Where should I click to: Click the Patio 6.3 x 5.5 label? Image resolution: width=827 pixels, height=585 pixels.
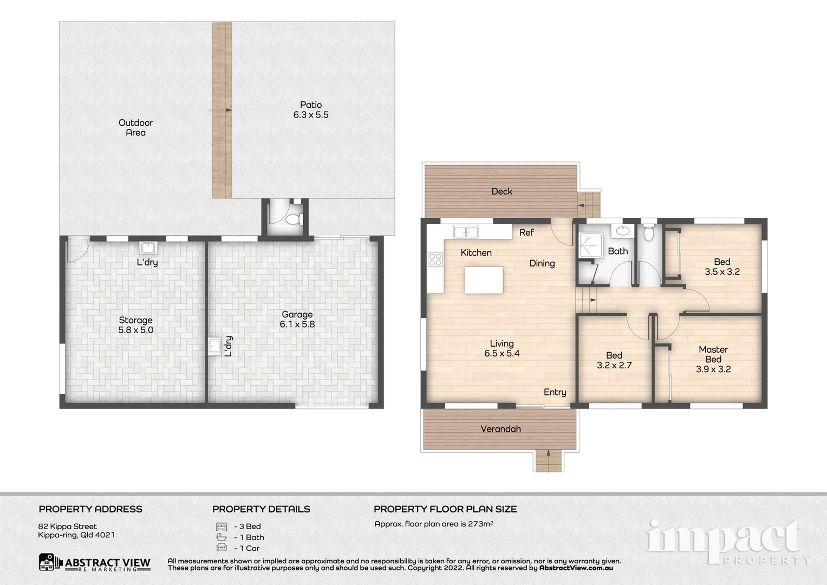311,110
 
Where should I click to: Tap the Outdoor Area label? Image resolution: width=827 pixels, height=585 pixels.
135,128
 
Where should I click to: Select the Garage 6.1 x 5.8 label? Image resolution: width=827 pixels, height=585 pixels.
297,319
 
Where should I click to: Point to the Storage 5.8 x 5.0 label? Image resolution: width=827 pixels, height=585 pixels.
135,325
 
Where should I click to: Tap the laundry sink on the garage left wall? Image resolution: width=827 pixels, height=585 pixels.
214,346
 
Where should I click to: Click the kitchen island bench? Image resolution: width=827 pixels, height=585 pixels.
484,280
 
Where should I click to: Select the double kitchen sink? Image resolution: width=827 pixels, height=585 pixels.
466,232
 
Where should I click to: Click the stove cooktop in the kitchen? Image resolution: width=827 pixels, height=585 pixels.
435,259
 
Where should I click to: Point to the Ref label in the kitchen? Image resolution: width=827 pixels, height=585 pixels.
526,232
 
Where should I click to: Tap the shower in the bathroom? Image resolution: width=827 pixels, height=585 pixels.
590,245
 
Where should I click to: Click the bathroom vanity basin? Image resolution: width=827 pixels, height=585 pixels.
623,231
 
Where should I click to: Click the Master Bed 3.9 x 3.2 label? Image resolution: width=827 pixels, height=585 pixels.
713,359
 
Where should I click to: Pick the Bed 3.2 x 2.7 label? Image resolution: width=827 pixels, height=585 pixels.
614,360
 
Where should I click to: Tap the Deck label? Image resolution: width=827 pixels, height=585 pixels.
502,191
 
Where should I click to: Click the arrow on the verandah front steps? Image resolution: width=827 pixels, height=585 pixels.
549,453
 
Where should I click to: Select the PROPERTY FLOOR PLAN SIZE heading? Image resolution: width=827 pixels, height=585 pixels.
445,509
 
